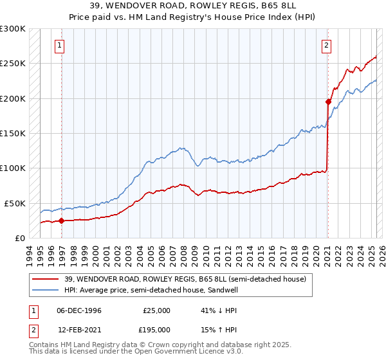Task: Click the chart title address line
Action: [x=192, y=7]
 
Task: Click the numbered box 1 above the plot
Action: [x=59, y=45]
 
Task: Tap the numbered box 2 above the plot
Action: [x=327, y=45]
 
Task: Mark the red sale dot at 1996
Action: [x=62, y=221]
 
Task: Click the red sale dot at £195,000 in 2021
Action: [x=328, y=102]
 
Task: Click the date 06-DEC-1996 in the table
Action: [x=78, y=310]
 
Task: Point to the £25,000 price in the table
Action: [x=156, y=310]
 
